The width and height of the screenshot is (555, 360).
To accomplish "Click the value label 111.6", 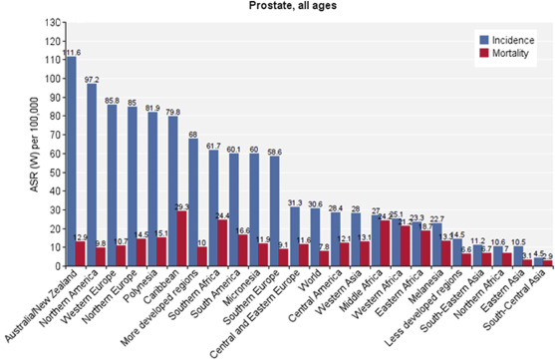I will click(71, 51).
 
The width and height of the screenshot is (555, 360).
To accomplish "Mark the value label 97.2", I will click(92, 78).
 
